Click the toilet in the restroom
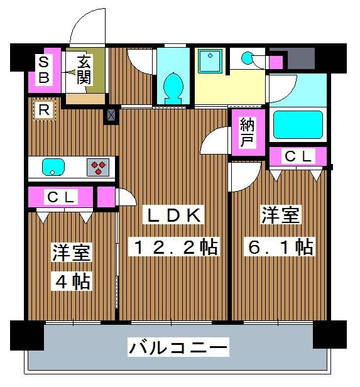coord(173,88)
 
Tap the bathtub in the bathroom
coord(298,124)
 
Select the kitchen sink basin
coord(53,167)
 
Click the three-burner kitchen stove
coord(98,167)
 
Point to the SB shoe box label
coord(44,70)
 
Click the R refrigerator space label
coord(44,110)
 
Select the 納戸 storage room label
coord(247,133)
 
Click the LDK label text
coord(173,215)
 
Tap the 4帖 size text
coord(72,281)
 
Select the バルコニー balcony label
coord(178,347)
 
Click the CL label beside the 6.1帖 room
coord(298,156)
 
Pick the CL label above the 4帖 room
coord(61,197)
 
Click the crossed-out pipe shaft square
coord(111,115)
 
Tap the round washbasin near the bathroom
coord(246,58)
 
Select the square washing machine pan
coord(210,60)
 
